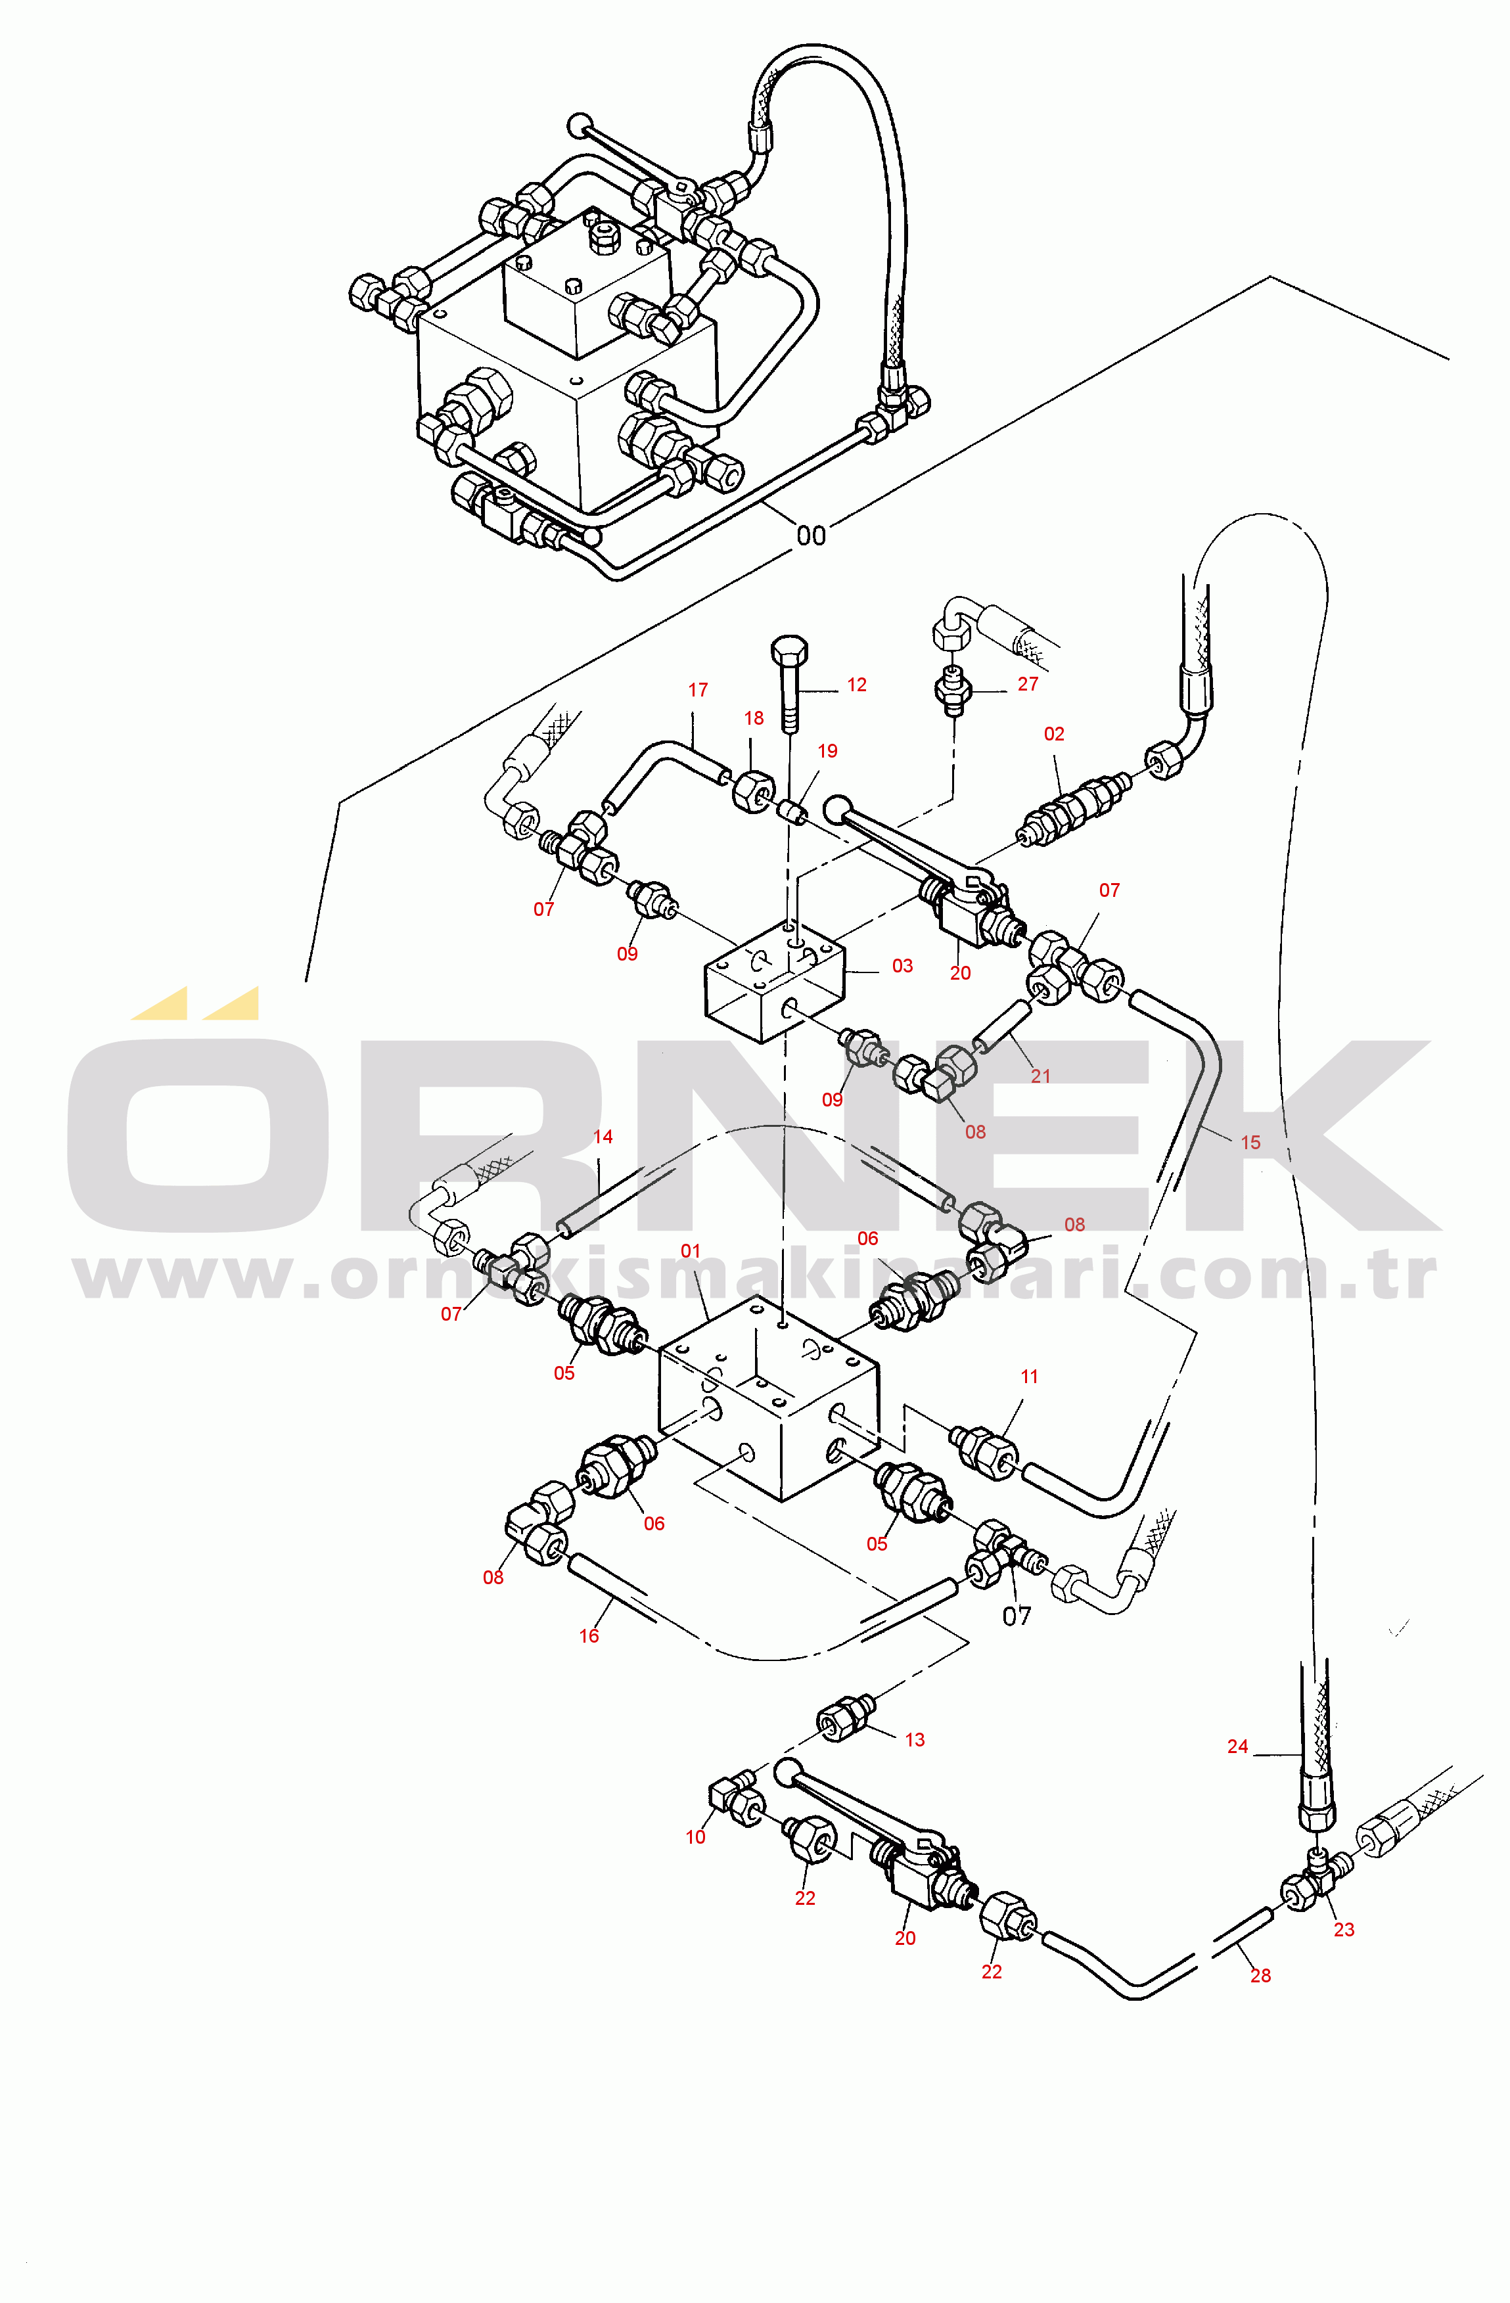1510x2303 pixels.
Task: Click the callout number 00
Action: point(811,535)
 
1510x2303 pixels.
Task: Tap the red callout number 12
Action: point(857,685)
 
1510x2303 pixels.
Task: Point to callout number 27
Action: point(1028,684)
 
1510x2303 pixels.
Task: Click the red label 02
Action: point(1054,735)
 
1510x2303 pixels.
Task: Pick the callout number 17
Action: point(698,690)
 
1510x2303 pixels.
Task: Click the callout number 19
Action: point(827,751)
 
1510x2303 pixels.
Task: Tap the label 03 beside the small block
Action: point(902,966)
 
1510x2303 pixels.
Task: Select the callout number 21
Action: point(1041,1076)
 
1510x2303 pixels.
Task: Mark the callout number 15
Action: point(1250,1143)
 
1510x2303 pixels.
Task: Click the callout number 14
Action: point(603,1137)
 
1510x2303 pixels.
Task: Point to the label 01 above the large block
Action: point(690,1251)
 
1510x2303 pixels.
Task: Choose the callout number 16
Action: point(589,1636)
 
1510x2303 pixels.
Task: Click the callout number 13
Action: point(915,1740)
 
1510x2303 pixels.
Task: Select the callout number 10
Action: point(696,1838)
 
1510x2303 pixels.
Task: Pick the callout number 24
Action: point(1238,1746)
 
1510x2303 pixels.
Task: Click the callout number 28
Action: point(1260,1976)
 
